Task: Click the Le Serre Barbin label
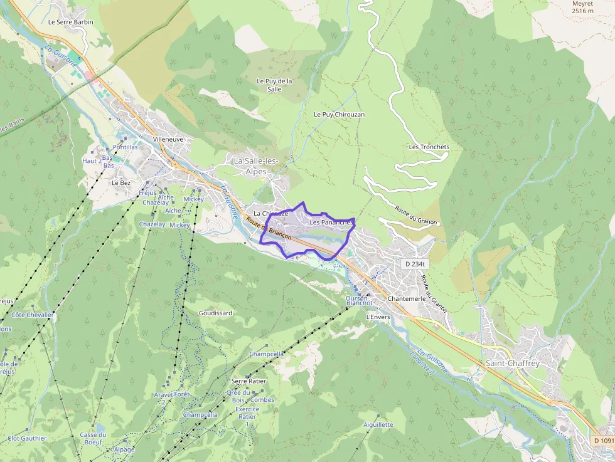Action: tap(70, 22)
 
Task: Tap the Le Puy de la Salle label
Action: tap(274, 85)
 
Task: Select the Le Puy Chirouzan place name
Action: tap(339, 115)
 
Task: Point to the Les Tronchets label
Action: tap(429, 147)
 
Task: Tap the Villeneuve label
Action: tap(168, 139)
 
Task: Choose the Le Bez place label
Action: tap(121, 182)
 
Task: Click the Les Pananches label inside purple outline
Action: tap(332, 222)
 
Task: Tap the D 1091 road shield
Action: tap(602, 441)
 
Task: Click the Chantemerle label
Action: tap(407, 299)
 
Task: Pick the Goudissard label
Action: tap(215, 313)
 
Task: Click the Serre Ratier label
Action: tap(249, 381)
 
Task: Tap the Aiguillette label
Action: tap(378, 424)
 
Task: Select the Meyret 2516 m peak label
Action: tap(582, 7)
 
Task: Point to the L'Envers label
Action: tap(378, 317)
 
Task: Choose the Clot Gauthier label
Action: tap(27, 438)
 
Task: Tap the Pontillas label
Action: tap(125, 147)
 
